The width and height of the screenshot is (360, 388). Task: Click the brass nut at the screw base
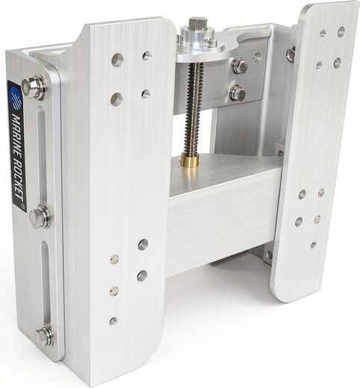point(190,160)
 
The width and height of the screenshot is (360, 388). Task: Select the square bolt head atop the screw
point(195,23)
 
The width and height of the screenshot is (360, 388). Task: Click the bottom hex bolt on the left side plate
point(44,337)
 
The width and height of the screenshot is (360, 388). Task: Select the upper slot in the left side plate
point(43,154)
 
